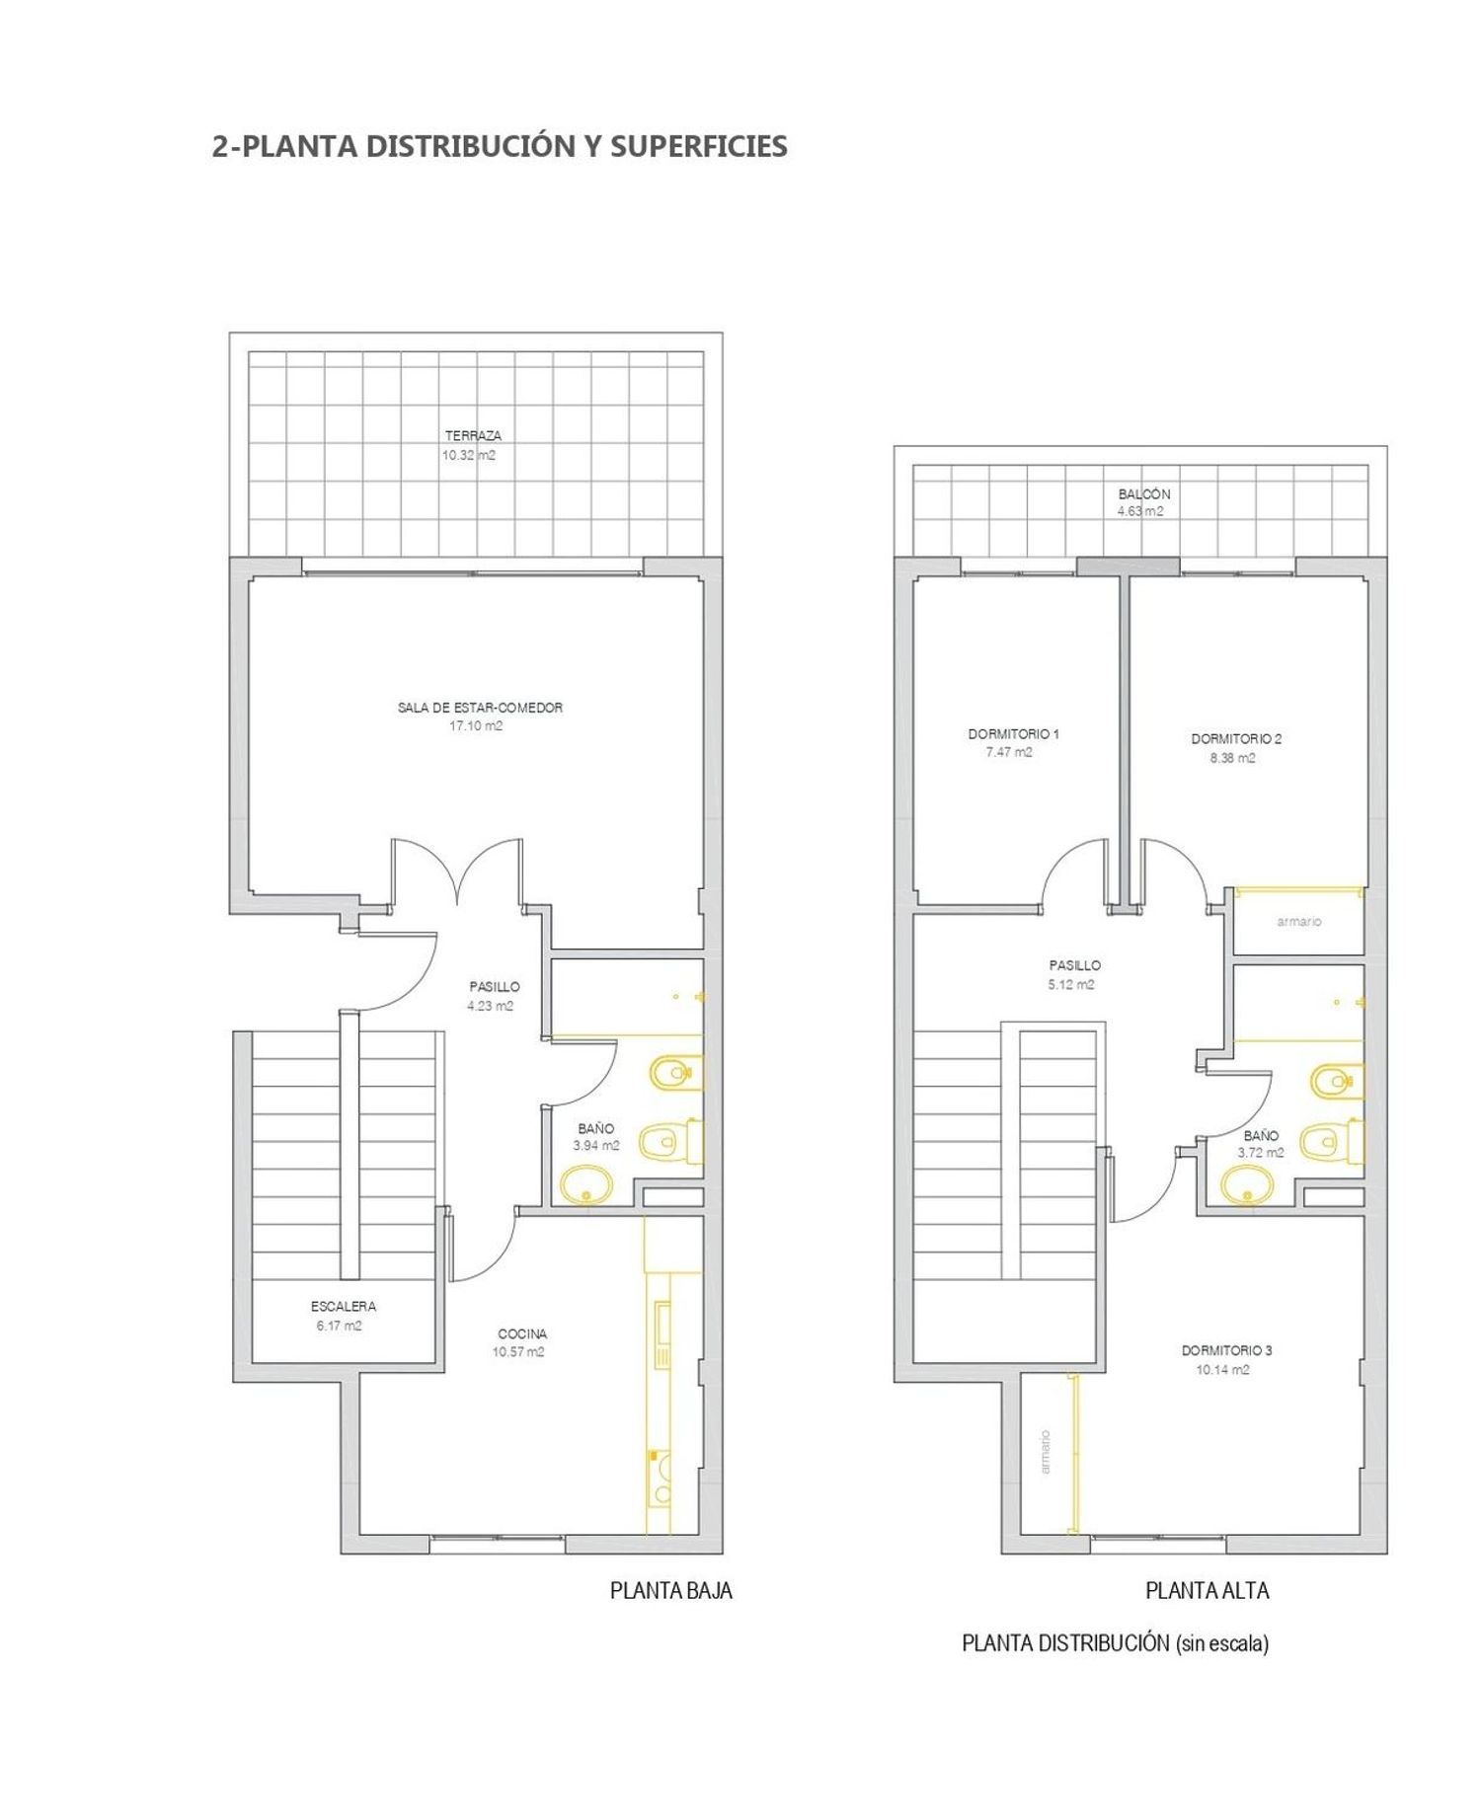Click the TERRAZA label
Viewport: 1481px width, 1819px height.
(473, 435)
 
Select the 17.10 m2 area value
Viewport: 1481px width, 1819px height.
(476, 725)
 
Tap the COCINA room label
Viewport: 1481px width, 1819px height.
(522, 1333)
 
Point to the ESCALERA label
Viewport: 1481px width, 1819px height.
(343, 1306)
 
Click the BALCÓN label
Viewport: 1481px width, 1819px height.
(1144, 493)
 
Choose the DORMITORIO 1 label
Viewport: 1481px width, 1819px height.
(1013, 734)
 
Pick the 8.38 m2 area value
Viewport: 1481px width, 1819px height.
(1233, 758)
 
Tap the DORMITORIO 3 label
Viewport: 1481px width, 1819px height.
(1227, 1350)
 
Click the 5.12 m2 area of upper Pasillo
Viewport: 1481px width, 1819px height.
(1071, 984)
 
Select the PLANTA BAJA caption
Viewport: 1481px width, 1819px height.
(671, 1590)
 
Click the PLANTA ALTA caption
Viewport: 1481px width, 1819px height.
(1207, 1590)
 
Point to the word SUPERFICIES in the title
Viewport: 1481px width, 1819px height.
(699, 146)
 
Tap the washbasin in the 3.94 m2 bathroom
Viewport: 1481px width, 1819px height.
(586, 1184)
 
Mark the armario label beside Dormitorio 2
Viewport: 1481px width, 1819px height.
(1298, 921)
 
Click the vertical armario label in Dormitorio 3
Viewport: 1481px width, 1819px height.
(1046, 1452)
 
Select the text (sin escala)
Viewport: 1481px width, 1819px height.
(1222, 1643)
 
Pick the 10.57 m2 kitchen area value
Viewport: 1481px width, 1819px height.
(518, 1352)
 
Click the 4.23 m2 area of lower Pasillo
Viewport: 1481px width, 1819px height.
(491, 1006)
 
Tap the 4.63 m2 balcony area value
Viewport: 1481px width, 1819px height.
(1140, 511)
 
